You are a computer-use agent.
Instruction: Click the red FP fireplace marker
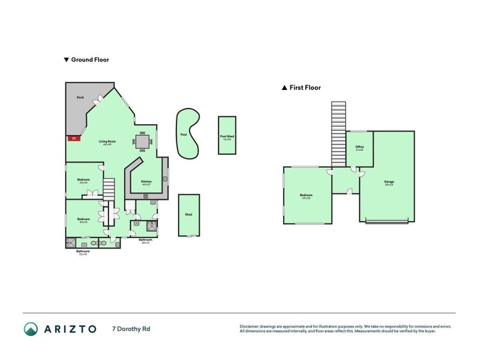(73, 139)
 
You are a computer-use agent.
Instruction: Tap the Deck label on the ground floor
(80, 97)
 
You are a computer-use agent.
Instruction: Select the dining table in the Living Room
(143, 142)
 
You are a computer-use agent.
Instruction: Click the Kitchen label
(146, 182)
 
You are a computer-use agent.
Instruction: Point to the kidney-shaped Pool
(188, 134)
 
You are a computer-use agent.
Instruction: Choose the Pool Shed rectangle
(227, 136)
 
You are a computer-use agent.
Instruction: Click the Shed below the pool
(188, 215)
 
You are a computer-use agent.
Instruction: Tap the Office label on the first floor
(359, 148)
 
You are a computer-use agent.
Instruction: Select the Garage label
(389, 182)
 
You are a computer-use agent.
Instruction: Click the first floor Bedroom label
(306, 196)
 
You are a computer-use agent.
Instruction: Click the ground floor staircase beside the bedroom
(109, 190)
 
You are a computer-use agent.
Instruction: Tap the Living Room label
(108, 142)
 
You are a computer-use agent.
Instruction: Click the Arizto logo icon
(31, 329)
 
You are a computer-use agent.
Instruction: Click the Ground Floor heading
(89, 59)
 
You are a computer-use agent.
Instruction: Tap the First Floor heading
(305, 88)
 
